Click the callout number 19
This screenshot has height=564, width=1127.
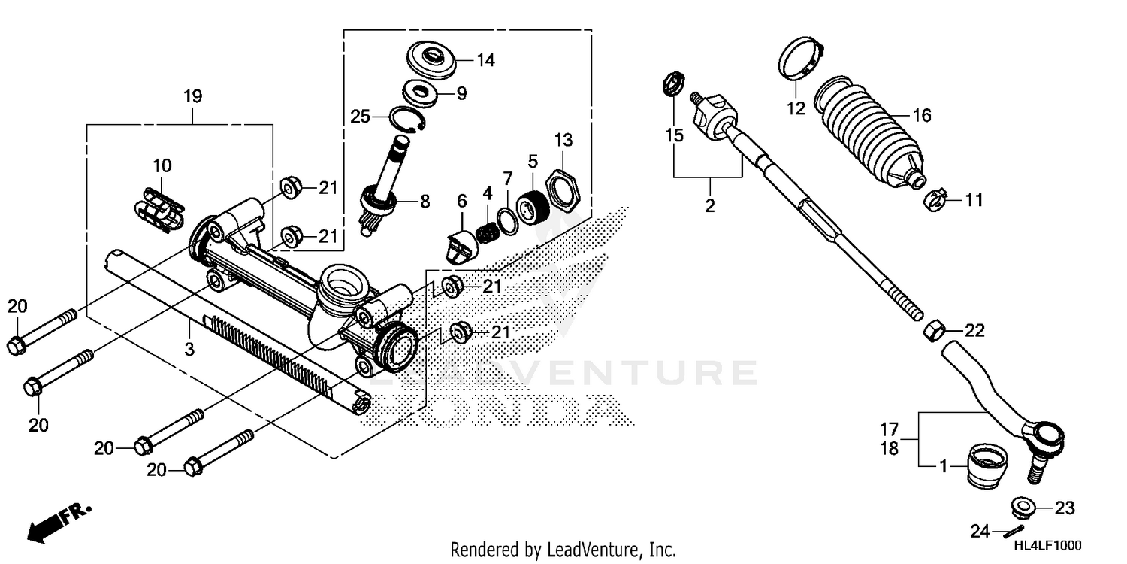pos(192,96)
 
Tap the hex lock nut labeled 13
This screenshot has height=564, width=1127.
pos(563,181)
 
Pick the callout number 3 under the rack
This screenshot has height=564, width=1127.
pos(189,349)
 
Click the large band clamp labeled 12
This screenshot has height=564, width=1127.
pos(799,60)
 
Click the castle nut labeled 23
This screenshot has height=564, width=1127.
pos(1023,508)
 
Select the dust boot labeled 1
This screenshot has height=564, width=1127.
pos(985,466)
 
